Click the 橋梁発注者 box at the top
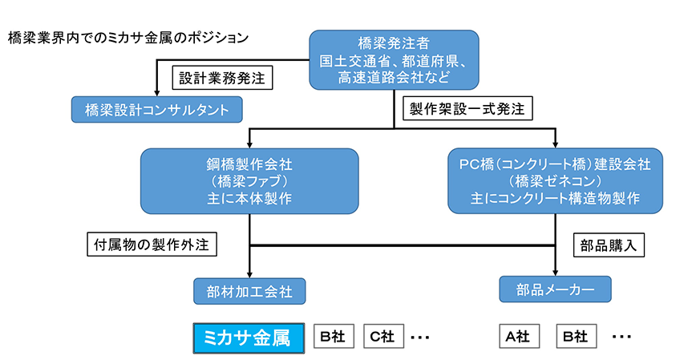coord(394,59)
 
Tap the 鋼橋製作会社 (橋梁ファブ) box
coord(250,181)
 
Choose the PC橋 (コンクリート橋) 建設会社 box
coord(555,181)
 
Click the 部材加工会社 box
coord(250,291)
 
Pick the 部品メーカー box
coord(555,289)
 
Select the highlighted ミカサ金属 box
coord(249,337)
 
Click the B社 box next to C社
coord(332,337)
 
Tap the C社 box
coord(382,337)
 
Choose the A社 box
coord(518,337)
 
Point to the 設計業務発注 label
coord(222,78)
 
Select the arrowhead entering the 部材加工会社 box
coord(250,274)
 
